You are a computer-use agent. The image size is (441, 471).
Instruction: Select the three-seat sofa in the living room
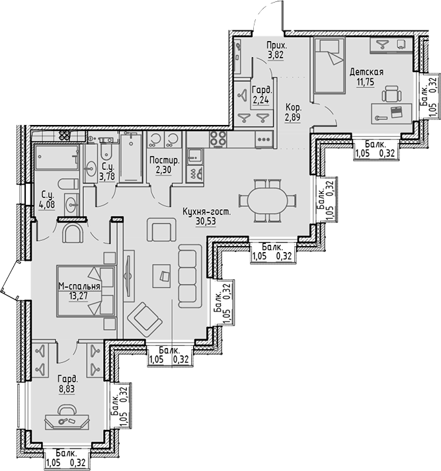(189, 275)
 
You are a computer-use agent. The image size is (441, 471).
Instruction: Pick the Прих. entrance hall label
(276, 46)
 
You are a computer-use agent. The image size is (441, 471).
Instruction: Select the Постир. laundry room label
(161, 161)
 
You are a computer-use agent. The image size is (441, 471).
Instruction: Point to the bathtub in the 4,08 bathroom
(56, 160)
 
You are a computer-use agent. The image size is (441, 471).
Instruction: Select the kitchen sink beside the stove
(196, 155)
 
